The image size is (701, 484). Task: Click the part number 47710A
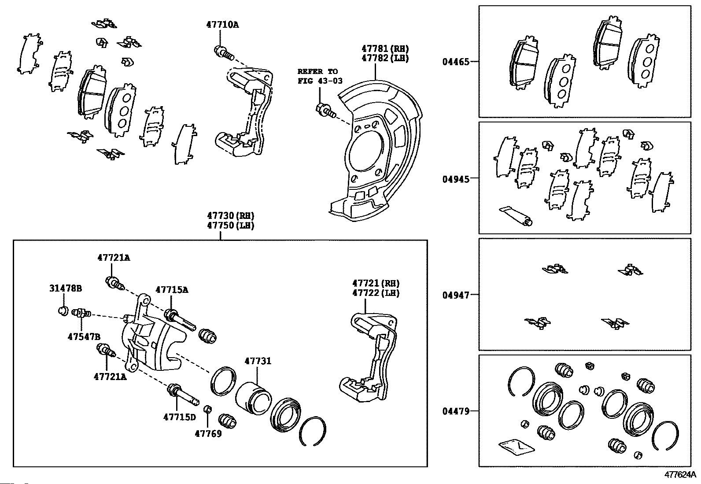[x=222, y=25]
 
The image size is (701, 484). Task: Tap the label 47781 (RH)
[x=385, y=48]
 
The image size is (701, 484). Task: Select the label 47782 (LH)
[x=385, y=58]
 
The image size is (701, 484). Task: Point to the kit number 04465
[x=456, y=62]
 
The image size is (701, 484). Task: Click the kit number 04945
[x=456, y=179]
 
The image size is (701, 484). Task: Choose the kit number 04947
[x=456, y=295]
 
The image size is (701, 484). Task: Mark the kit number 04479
[x=456, y=411]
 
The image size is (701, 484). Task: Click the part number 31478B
[x=66, y=288]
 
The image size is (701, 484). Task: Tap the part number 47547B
[x=84, y=337]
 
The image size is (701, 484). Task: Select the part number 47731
[x=258, y=361]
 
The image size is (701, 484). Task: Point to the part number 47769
[x=208, y=434]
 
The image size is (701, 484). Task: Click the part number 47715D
[x=180, y=417]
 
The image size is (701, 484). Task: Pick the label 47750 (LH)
[x=231, y=225]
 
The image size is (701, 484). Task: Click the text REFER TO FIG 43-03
[x=320, y=76]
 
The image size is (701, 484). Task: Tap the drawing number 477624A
[x=680, y=475]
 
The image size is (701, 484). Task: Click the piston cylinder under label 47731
[x=254, y=398]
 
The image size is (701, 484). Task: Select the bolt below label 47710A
[x=224, y=53]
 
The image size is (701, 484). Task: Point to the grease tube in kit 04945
[x=516, y=216]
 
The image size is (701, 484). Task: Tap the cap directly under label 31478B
[x=63, y=311]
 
